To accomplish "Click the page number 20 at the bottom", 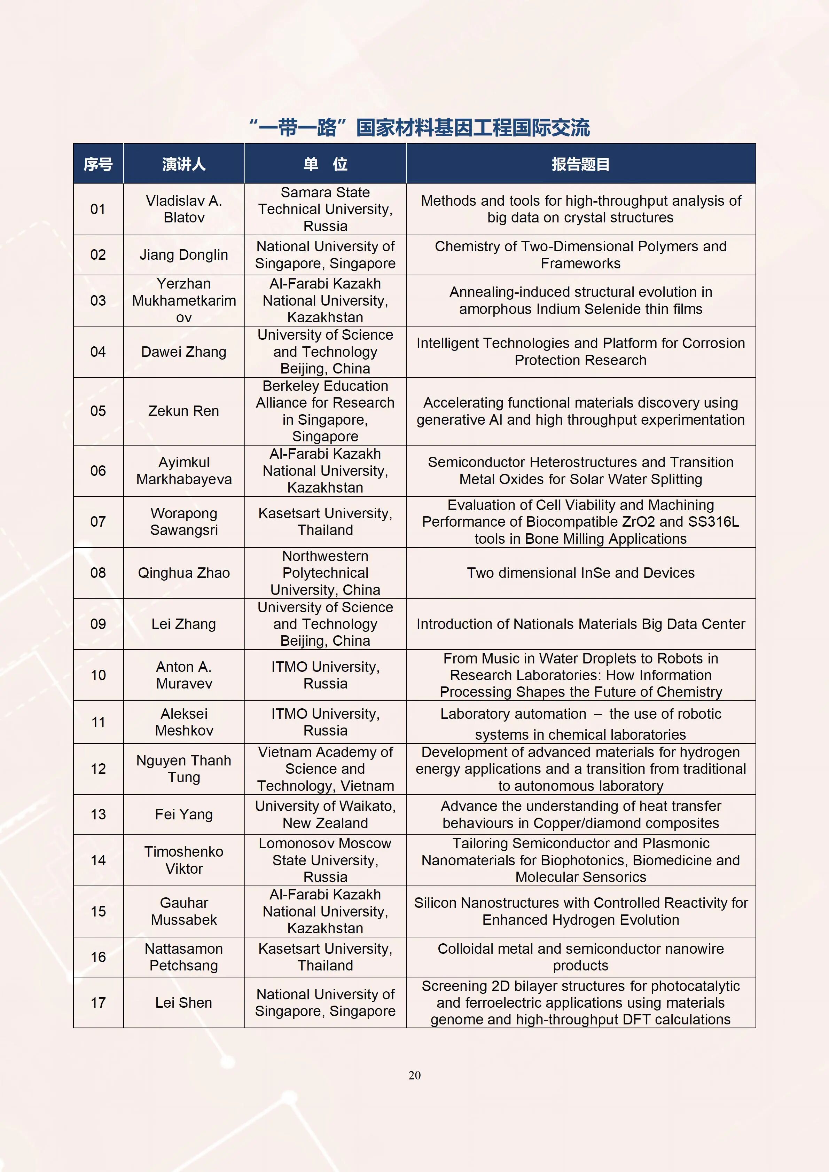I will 414,1075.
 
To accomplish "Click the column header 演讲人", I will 184,164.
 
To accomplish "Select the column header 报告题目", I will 580,164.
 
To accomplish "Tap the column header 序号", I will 98,164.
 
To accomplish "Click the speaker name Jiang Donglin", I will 184,255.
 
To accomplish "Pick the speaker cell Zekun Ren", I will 184,411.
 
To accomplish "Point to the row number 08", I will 98,573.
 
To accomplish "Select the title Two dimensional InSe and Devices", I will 580,573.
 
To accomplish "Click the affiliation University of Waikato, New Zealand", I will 325,814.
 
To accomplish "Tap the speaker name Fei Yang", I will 184,814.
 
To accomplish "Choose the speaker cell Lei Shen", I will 184,1002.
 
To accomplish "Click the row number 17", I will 98,1002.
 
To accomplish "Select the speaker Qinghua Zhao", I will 184,573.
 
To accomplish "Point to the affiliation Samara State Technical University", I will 325,209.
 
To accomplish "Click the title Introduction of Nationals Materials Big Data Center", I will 580,624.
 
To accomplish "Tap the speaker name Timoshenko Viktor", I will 184,860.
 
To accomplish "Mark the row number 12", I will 98,769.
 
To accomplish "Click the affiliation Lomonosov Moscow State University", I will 325,860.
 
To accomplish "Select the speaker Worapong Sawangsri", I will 184,522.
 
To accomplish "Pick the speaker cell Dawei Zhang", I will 184,352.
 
